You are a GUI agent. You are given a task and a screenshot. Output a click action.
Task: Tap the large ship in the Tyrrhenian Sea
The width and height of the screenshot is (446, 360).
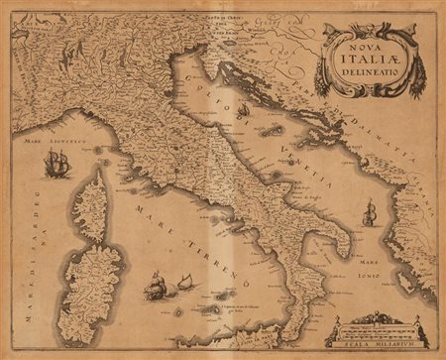click(x=156, y=286)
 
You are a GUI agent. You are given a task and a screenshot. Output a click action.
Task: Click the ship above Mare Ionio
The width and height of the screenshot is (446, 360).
click(x=370, y=211)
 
